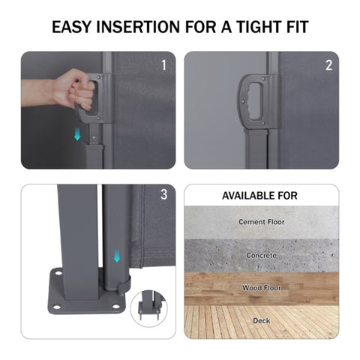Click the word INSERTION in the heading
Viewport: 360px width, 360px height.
[138, 27]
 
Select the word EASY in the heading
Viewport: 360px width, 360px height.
[71, 27]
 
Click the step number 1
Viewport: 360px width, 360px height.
[163, 65]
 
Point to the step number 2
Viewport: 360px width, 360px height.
[328, 65]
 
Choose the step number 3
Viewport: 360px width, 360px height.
[163, 194]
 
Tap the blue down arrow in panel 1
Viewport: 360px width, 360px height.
[77, 133]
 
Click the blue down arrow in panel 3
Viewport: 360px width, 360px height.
[117, 256]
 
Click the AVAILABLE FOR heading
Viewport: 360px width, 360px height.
[259, 196]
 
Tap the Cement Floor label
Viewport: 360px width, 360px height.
[262, 222]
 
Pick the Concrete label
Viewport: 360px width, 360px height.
[262, 256]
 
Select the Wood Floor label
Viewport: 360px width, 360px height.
[262, 288]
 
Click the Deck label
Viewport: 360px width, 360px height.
[262, 321]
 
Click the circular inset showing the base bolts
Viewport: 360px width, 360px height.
[149, 309]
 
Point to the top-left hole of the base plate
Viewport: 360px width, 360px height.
[58, 273]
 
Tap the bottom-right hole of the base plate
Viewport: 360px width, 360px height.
[115, 306]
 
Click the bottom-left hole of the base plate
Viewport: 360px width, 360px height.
[56, 307]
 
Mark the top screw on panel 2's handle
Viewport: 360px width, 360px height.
[263, 79]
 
